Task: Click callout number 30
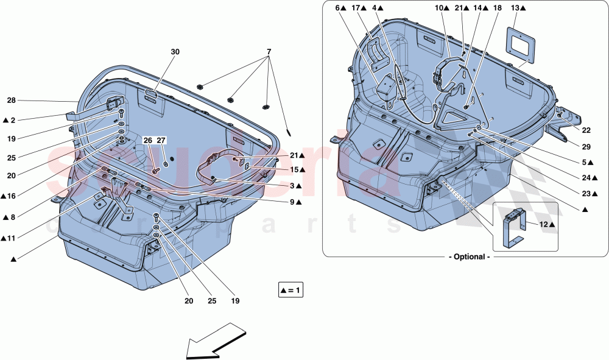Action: [175, 52]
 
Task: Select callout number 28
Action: [11, 101]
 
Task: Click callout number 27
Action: [161, 141]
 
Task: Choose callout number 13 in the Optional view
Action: [515, 8]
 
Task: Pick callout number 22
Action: [586, 130]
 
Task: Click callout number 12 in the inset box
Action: [544, 225]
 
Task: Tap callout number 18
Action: [498, 8]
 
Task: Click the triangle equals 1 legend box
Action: [290, 291]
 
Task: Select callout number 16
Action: [12, 196]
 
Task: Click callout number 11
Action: [12, 238]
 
